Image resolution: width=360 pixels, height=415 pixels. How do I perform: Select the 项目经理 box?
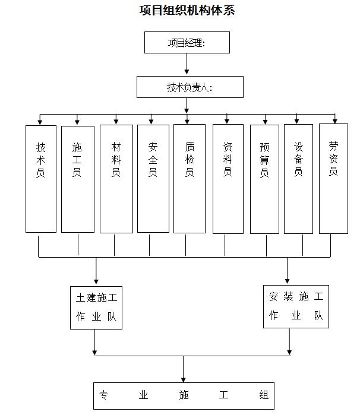187,43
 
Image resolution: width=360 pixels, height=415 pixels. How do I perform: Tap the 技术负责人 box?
190,87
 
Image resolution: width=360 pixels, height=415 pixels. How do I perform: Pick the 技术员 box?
41,178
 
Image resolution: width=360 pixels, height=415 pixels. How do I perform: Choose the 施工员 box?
78,178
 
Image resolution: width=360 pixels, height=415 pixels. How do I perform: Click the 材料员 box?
116,178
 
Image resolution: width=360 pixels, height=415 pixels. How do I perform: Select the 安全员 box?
153,178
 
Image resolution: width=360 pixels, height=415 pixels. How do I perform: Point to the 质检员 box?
190,178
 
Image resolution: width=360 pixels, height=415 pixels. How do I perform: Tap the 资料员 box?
228,178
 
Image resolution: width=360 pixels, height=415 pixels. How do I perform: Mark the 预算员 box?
264,178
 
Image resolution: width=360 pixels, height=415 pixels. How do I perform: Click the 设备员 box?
298,178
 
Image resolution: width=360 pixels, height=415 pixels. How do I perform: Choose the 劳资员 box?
333,178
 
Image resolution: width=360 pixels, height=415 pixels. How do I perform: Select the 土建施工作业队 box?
96,306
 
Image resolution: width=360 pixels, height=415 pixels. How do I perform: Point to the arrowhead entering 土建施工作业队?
96,280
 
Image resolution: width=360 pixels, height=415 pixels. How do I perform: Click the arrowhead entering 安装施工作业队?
288,280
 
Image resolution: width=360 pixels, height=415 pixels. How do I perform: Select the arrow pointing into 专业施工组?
184,378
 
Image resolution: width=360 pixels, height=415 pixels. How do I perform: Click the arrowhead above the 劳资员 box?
335,121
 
